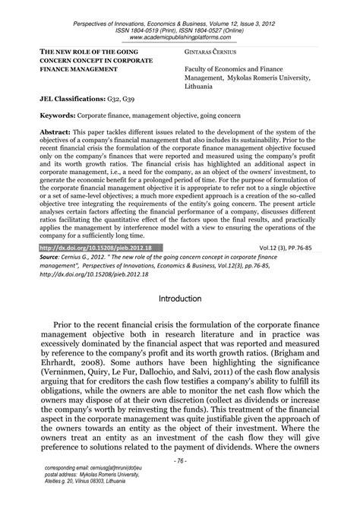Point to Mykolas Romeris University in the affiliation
point(266,77)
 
